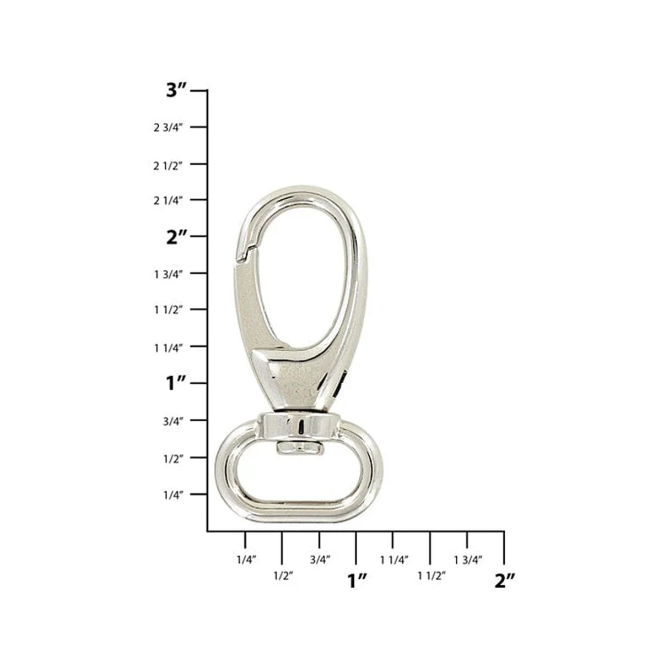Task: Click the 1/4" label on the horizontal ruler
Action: coord(246,560)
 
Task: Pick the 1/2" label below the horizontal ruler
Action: coord(283,576)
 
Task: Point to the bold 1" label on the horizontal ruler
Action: coord(357,580)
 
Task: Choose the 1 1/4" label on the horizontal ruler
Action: coord(393,560)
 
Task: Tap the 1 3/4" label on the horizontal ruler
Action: coord(468,560)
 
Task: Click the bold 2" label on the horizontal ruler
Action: coord(504,580)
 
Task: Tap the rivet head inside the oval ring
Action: coord(299,448)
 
